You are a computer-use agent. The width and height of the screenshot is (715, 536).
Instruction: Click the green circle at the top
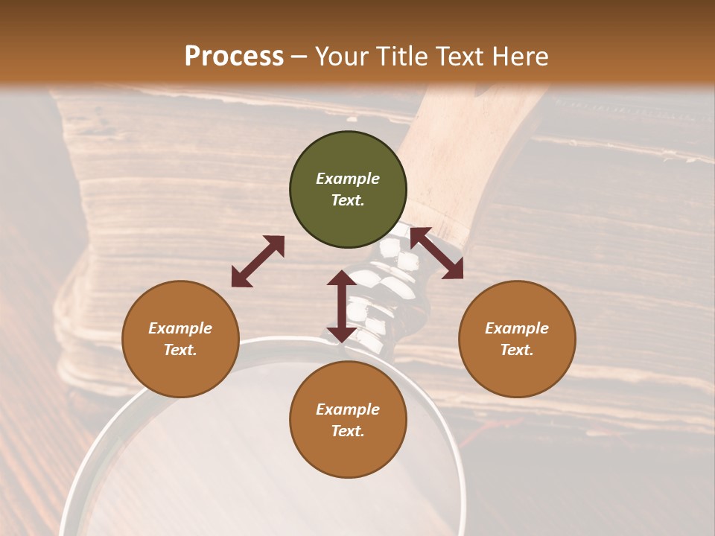[348, 190]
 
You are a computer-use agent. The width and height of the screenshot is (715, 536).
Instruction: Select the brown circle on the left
[180, 339]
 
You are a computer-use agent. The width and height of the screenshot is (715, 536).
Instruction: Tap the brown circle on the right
[517, 339]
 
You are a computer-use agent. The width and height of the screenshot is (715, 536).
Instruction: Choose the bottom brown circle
[348, 421]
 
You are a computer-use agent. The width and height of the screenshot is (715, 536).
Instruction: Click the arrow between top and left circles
[258, 261]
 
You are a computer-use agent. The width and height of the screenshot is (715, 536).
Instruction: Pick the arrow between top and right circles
[436, 253]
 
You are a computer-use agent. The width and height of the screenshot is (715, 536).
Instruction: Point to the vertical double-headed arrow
[342, 306]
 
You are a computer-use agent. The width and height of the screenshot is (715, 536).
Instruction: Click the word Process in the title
[234, 57]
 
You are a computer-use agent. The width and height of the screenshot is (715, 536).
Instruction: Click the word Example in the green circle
[348, 179]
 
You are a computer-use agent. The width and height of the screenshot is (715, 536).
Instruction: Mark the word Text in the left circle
[180, 351]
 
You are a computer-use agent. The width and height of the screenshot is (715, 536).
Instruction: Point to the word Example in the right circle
[517, 328]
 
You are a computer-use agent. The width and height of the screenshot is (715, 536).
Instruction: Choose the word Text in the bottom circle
[348, 432]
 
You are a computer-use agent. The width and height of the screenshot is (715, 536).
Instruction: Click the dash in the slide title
[299, 57]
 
